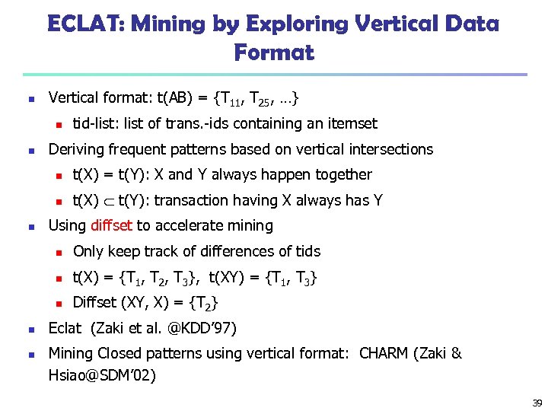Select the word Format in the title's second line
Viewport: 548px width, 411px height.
point(274,53)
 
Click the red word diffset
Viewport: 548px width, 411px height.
point(111,225)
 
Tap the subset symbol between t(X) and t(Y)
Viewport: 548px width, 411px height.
point(109,201)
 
